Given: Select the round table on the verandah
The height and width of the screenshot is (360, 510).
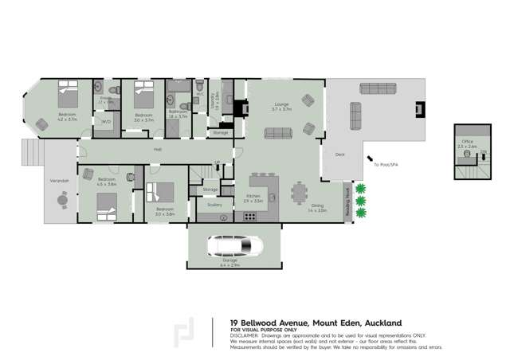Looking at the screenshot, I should (62, 201).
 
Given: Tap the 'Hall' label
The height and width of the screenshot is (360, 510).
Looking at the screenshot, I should (158, 150).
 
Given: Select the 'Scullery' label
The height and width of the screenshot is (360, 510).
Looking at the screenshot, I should (212, 205).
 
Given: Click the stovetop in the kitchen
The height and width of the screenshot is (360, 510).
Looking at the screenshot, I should (249, 216).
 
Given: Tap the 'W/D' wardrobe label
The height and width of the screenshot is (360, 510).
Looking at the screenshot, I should (105, 122).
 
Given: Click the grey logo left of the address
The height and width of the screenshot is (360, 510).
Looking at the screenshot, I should (184, 333).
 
